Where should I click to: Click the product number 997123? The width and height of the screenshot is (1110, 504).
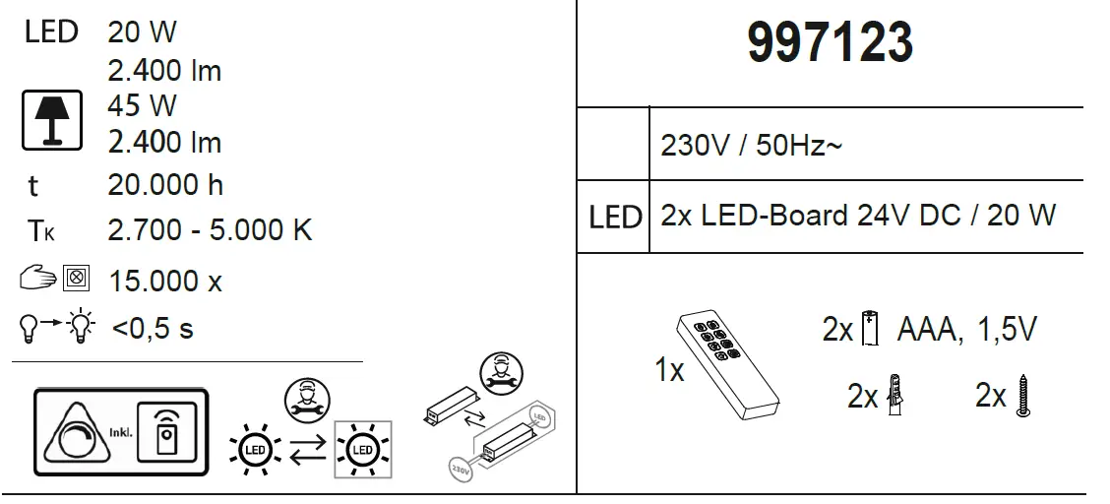coord(830,44)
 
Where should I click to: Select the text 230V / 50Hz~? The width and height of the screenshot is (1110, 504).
coord(752,146)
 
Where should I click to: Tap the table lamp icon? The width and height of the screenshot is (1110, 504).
coord(52,121)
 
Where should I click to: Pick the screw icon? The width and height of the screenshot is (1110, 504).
coord(1023,396)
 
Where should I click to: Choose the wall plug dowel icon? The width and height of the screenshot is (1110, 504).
coord(894,396)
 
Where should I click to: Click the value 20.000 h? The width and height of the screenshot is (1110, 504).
coord(165,185)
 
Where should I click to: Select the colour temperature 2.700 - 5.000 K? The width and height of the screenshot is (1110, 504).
coord(210,230)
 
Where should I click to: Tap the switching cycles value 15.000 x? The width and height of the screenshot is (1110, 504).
coord(165,281)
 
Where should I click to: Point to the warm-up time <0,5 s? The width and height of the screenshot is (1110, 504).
coord(153,328)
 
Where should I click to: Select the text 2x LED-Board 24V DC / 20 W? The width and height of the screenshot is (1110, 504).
coord(858,216)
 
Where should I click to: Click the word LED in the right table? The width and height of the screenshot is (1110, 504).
coord(615,218)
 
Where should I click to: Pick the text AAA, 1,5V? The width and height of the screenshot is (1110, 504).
coord(966,330)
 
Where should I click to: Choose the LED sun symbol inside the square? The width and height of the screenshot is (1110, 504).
coord(361,450)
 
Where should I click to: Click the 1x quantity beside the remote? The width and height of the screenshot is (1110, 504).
coord(669,370)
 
